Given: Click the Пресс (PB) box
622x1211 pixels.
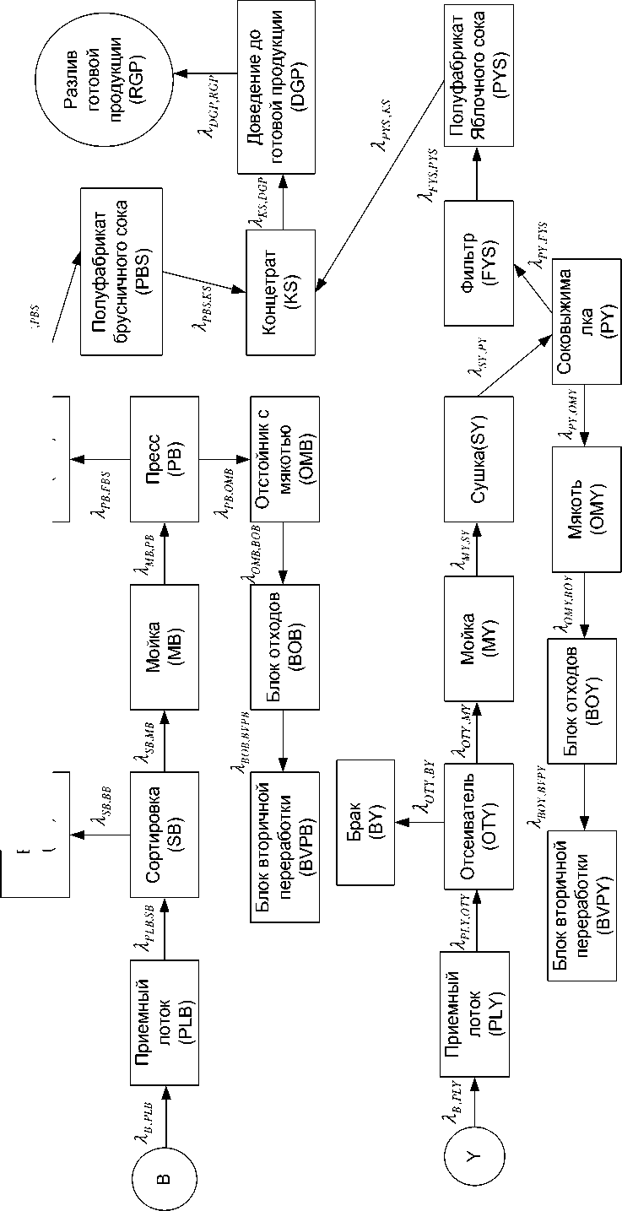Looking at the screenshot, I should [x=165, y=458].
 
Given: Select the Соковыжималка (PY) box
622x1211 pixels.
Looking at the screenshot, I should [x=587, y=325].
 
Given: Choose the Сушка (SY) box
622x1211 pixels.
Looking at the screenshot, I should [x=476, y=458].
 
